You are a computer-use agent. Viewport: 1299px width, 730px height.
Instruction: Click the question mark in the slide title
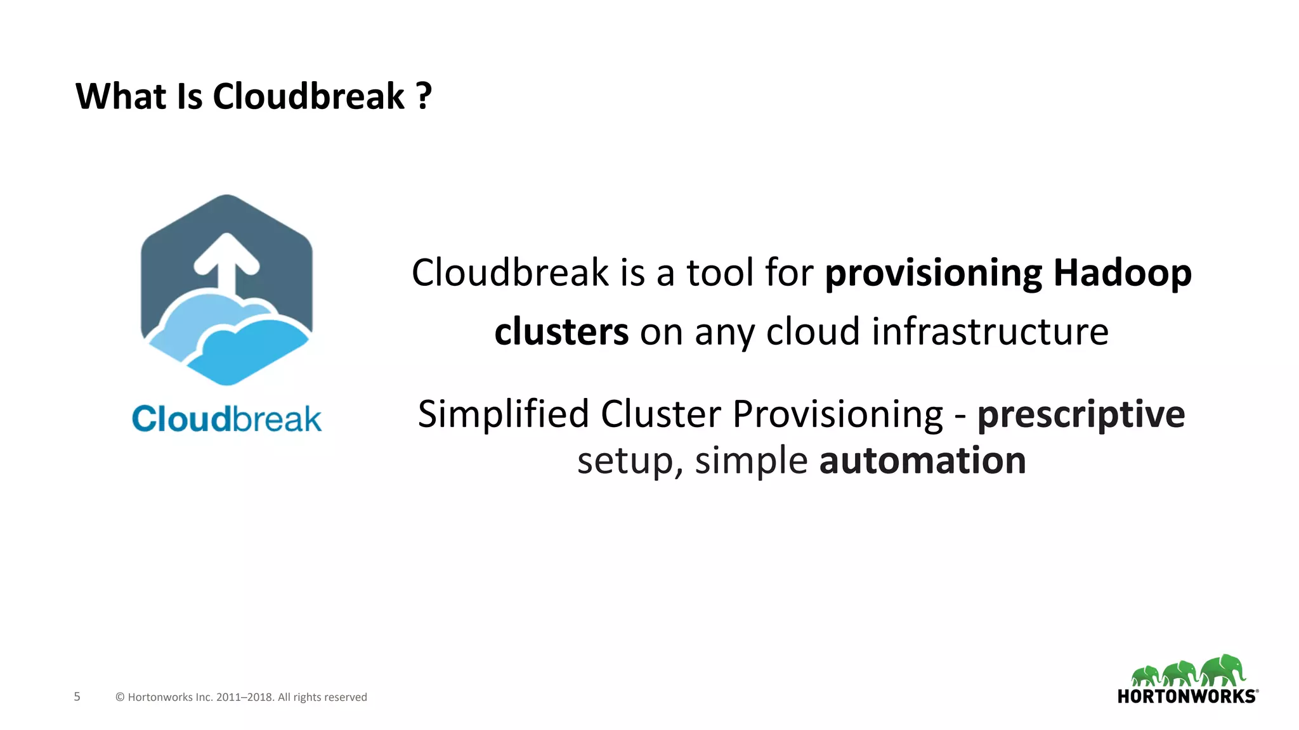[x=424, y=96]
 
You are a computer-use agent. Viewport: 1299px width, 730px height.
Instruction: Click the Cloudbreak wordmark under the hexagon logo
[x=226, y=419]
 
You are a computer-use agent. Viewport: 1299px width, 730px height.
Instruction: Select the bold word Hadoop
[x=1122, y=273]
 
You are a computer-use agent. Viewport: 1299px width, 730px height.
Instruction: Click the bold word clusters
[x=561, y=331]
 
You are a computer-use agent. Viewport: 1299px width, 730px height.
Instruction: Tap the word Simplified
[x=504, y=414]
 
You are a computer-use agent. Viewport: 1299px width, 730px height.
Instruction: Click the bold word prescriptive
[x=1081, y=414]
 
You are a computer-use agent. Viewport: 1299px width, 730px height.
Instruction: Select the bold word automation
[x=922, y=461]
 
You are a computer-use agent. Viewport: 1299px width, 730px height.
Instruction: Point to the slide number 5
[x=77, y=696]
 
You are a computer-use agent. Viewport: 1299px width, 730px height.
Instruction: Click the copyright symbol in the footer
[x=120, y=697]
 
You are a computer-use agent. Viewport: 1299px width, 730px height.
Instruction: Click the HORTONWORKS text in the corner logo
[x=1186, y=696]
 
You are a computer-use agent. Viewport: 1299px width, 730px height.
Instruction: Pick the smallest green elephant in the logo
[x=1146, y=676]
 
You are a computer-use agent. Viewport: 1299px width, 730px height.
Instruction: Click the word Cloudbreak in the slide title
[x=308, y=96]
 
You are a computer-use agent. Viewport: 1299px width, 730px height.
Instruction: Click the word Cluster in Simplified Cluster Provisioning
[x=661, y=414]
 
